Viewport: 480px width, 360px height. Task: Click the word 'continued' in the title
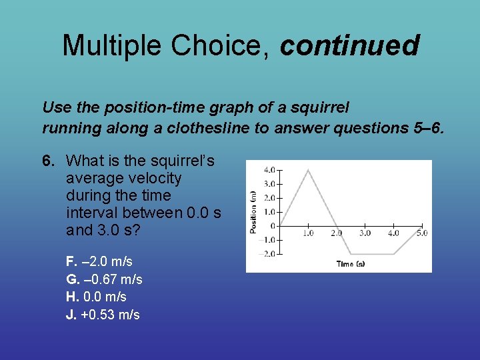coord(349,45)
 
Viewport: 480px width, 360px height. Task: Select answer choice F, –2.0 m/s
coord(99,261)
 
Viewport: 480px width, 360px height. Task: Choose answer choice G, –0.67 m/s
coord(104,279)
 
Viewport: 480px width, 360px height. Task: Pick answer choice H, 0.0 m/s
coord(96,297)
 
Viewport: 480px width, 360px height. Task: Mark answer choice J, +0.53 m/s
coord(103,315)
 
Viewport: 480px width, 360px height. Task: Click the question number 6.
coord(48,161)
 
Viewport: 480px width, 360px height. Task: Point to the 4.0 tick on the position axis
coord(269,169)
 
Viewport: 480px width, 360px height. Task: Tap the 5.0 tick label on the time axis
coord(421,233)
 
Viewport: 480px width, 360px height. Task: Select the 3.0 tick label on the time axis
coord(365,233)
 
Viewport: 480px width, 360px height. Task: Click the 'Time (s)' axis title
coord(351,264)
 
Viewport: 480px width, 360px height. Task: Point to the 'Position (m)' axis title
coord(253,212)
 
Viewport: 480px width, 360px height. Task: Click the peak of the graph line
coord(308,170)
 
